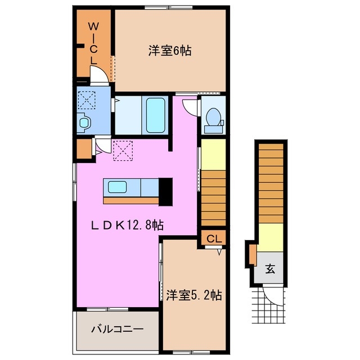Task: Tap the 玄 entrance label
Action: point(271,269)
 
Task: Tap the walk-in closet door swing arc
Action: point(100,76)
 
